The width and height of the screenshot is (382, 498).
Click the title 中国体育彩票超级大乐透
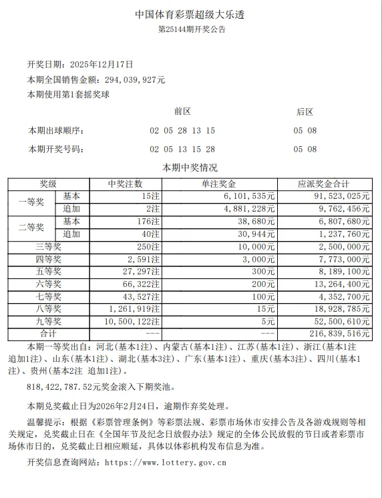coord(192,13)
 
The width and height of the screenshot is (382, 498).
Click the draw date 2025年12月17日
coord(102,65)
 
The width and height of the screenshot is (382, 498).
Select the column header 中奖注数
coord(125,184)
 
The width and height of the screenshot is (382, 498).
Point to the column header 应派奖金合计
coord(325,184)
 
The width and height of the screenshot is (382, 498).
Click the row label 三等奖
coord(48,247)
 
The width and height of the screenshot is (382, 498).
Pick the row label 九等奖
coord(48,320)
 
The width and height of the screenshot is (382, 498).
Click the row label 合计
coord(48,333)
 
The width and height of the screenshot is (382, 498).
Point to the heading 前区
coord(182,111)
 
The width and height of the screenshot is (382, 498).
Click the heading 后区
coord(305,111)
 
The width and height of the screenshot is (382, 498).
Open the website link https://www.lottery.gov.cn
coord(166,461)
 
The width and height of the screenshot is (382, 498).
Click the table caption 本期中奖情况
coord(190,168)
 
